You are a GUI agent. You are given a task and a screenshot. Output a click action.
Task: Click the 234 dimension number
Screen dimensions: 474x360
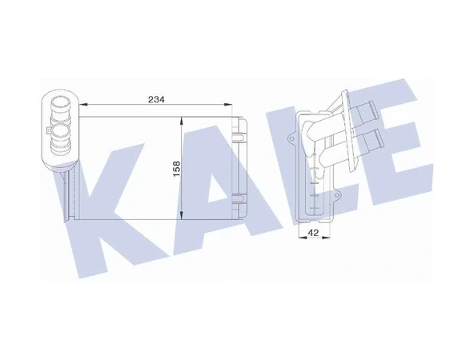156,99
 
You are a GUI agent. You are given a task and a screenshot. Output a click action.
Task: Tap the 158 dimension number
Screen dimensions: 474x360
176,169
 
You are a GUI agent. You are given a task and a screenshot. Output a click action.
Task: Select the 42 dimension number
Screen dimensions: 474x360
313,233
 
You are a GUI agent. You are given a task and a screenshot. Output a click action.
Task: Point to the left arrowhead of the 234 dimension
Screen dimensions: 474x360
83,105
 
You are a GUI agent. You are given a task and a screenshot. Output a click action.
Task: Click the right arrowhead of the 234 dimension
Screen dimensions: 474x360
228,105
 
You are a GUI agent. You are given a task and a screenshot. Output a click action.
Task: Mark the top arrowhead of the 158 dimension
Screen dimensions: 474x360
181,121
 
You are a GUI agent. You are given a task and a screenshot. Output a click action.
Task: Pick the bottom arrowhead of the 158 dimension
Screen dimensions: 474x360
181,215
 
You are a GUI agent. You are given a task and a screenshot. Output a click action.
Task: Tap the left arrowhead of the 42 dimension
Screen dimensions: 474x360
303,238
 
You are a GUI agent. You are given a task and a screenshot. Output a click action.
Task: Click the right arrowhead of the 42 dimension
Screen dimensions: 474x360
326,238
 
